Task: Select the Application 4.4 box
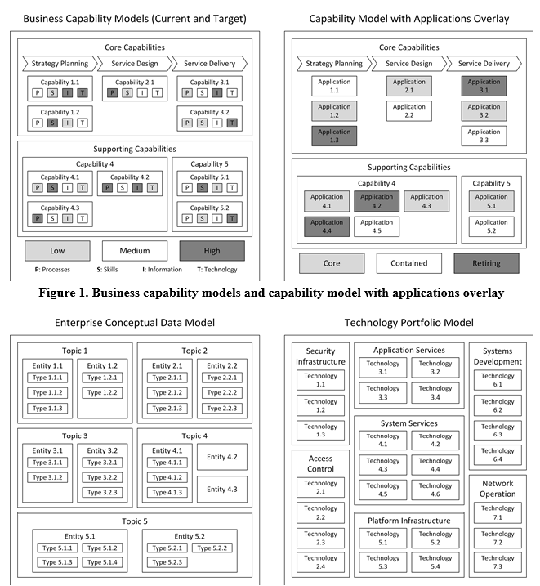(x=327, y=226)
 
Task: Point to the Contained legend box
(x=408, y=263)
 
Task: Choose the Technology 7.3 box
(x=498, y=564)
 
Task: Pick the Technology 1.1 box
(x=320, y=380)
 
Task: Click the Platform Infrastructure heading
(x=409, y=521)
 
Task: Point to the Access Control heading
(x=320, y=463)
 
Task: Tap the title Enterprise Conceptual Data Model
(x=135, y=323)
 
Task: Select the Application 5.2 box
(x=491, y=226)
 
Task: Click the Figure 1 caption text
(x=269, y=292)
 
